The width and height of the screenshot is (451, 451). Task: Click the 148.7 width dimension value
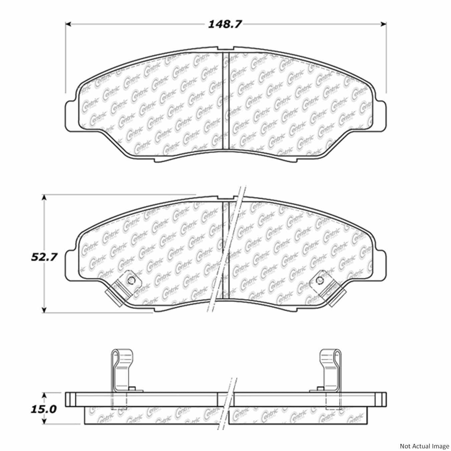(x=225, y=24)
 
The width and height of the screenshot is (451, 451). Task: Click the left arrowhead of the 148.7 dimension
(x=68, y=24)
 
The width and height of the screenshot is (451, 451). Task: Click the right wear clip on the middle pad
(x=329, y=287)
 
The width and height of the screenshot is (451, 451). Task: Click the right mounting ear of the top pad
(x=381, y=114)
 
